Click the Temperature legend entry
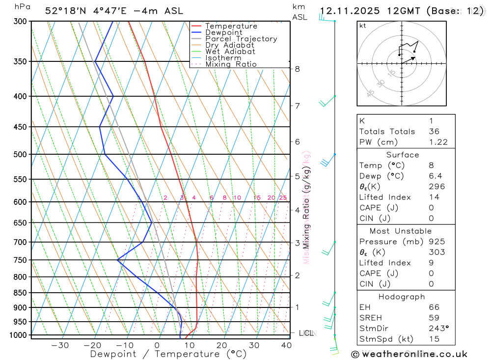(231, 26)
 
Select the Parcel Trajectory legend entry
(241, 39)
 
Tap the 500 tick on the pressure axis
(20, 154)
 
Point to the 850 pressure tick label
(20, 293)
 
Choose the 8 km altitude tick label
(297, 69)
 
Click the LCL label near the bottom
(306, 333)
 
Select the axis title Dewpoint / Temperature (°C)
(168, 354)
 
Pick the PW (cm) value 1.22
(438, 142)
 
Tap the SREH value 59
(434, 318)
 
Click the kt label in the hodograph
(363, 26)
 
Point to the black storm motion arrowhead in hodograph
(413, 58)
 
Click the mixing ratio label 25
(283, 197)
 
